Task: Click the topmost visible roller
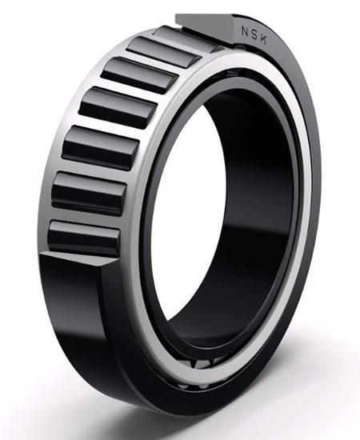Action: pos(181,40)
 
